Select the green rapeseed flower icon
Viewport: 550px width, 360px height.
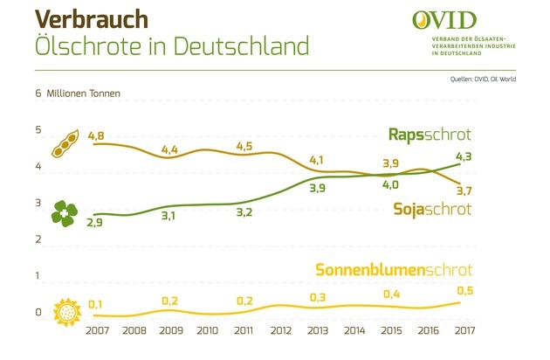(x=65, y=211)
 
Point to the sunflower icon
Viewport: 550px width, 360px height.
(x=66, y=311)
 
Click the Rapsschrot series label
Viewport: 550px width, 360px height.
(x=430, y=134)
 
